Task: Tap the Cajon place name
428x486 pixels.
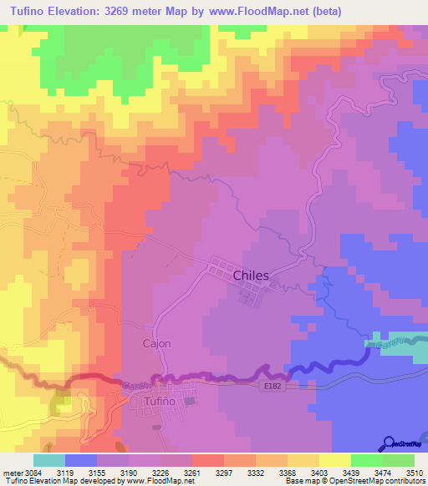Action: (156, 343)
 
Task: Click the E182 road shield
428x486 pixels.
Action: (272, 386)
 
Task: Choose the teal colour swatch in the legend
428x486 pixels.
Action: (49, 460)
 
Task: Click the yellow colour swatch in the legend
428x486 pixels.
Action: (335, 460)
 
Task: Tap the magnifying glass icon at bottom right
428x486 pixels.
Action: (387, 443)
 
